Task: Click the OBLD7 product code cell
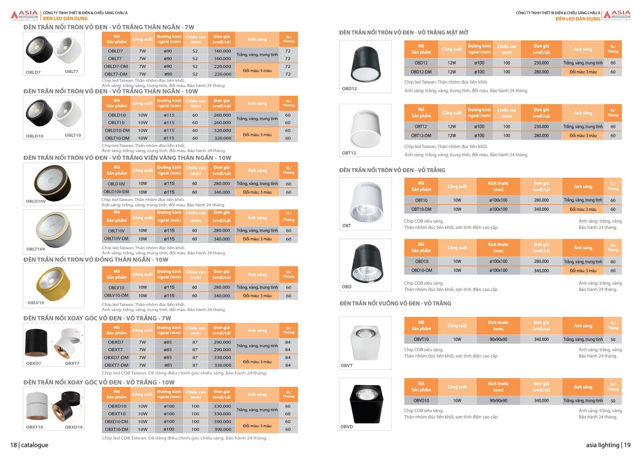(116, 51)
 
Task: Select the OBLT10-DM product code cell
(117, 138)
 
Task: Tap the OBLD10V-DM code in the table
(116, 192)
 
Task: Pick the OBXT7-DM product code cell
(116, 365)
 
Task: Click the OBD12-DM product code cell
(421, 72)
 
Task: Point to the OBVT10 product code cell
(421, 339)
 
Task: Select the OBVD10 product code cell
(421, 400)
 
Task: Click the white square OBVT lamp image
(365, 341)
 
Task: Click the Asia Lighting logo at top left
(25, 16)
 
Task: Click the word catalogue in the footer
(35, 445)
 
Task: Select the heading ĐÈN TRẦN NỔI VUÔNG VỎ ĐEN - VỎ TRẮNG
(395, 304)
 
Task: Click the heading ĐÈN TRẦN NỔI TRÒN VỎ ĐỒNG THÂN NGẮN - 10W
(96, 260)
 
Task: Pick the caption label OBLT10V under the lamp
(36, 249)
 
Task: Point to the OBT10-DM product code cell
(421, 209)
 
